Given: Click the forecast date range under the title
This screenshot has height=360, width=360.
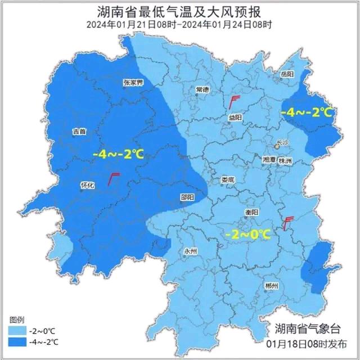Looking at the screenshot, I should [x=179, y=25].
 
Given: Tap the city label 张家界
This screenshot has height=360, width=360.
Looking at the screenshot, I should [x=134, y=83].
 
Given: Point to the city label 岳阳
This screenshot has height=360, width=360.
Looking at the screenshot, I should [x=287, y=74].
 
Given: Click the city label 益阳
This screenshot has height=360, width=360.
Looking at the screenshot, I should [x=235, y=117].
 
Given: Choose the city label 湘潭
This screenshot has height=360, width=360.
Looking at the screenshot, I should [x=269, y=160].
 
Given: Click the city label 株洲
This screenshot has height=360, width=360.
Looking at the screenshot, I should [x=286, y=161].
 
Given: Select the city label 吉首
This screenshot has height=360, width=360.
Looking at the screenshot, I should [x=79, y=132].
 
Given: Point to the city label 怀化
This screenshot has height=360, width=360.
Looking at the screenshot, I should [x=88, y=184].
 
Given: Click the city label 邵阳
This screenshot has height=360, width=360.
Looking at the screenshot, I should [x=187, y=197].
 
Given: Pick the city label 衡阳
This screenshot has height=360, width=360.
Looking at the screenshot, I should [x=252, y=212].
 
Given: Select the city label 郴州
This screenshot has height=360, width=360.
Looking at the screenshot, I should [x=271, y=286].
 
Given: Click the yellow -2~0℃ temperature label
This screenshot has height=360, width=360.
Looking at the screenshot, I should [x=247, y=233].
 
